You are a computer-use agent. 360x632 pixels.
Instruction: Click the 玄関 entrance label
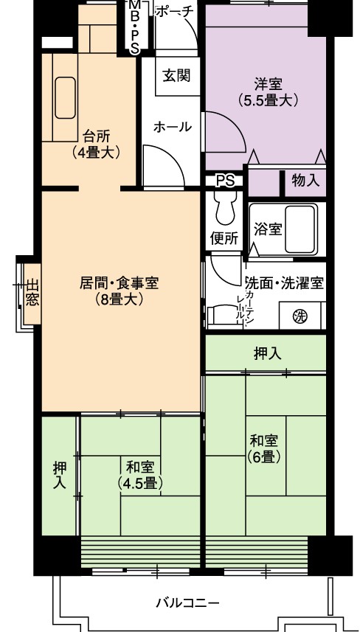[x=176, y=76]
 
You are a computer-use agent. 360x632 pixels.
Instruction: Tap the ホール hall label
[x=173, y=127]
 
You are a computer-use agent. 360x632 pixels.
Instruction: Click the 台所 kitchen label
[x=97, y=136]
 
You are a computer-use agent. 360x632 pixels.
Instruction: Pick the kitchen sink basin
[x=66, y=97]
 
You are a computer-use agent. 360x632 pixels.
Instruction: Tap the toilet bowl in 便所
[x=226, y=207]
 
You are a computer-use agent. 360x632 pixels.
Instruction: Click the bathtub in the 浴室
[x=300, y=229]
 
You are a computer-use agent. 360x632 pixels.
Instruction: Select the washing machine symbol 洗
[x=300, y=316]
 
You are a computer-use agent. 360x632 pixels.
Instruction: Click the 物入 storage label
[x=305, y=181]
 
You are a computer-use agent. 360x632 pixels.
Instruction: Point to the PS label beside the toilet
[x=225, y=181]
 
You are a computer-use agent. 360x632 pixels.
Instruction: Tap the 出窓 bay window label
[x=32, y=293]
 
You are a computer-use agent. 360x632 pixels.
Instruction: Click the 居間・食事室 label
[x=119, y=283]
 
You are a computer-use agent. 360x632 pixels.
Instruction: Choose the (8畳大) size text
[x=119, y=299]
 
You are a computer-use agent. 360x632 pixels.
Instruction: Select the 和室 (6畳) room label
[x=264, y=448]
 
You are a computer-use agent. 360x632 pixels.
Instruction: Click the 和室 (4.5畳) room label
[x=140, y=475]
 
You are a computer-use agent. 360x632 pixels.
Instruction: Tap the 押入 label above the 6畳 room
[x=267, y=353]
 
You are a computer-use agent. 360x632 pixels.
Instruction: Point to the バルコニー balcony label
[x=188, y=603]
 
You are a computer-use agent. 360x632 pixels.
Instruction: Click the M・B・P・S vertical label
[x=134, y=27]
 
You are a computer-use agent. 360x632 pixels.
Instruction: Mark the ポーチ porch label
[x=174, y=11]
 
